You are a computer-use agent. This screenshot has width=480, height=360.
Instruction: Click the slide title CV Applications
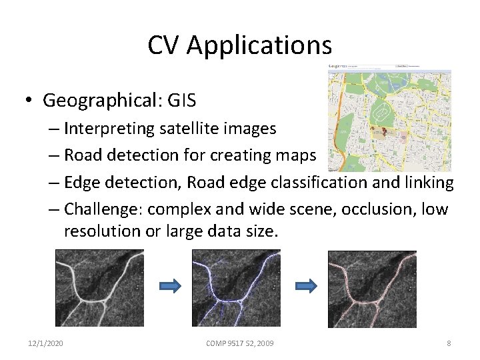[x=239, y=45]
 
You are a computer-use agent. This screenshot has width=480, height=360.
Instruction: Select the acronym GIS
[x=182, y=100]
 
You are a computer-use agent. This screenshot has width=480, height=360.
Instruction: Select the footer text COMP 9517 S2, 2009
[x=239, y=343]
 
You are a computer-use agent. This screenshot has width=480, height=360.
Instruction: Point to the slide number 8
[x=449, y=343]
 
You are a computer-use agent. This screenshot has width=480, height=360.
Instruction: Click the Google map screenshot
[x=389, y=118]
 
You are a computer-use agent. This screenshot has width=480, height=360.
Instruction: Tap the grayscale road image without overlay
[x=99, y=287]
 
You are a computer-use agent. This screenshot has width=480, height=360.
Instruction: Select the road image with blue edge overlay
[x=236, y=287]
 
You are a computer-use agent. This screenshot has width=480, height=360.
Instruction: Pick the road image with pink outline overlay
[x=373, y=287]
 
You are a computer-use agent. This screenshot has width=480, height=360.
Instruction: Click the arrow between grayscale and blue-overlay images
[x=171, y=286]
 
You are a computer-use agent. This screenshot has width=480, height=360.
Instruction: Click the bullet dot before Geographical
[x=31, y=101]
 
